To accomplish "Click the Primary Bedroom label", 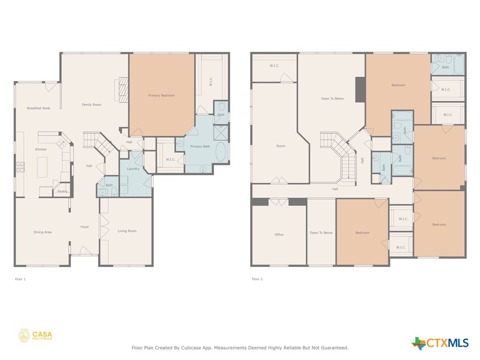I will [161, 96].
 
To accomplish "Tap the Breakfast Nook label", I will [38, 108].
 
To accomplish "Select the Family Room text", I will [91, 105].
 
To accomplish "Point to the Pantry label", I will [62, 191].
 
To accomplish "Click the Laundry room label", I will [133, 169].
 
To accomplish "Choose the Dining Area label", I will [42, 232].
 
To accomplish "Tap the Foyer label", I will [84, 227].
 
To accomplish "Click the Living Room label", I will [127, 231].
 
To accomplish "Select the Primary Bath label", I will [200, 147].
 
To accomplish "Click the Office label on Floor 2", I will [279, 234].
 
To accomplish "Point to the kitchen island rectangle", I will [43, 167].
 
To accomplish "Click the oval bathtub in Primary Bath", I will [220, 152].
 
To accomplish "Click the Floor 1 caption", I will [21, 279].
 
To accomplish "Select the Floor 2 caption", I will [257, 279].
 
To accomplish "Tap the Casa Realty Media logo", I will [36, 335].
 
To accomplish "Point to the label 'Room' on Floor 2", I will [280, 146].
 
